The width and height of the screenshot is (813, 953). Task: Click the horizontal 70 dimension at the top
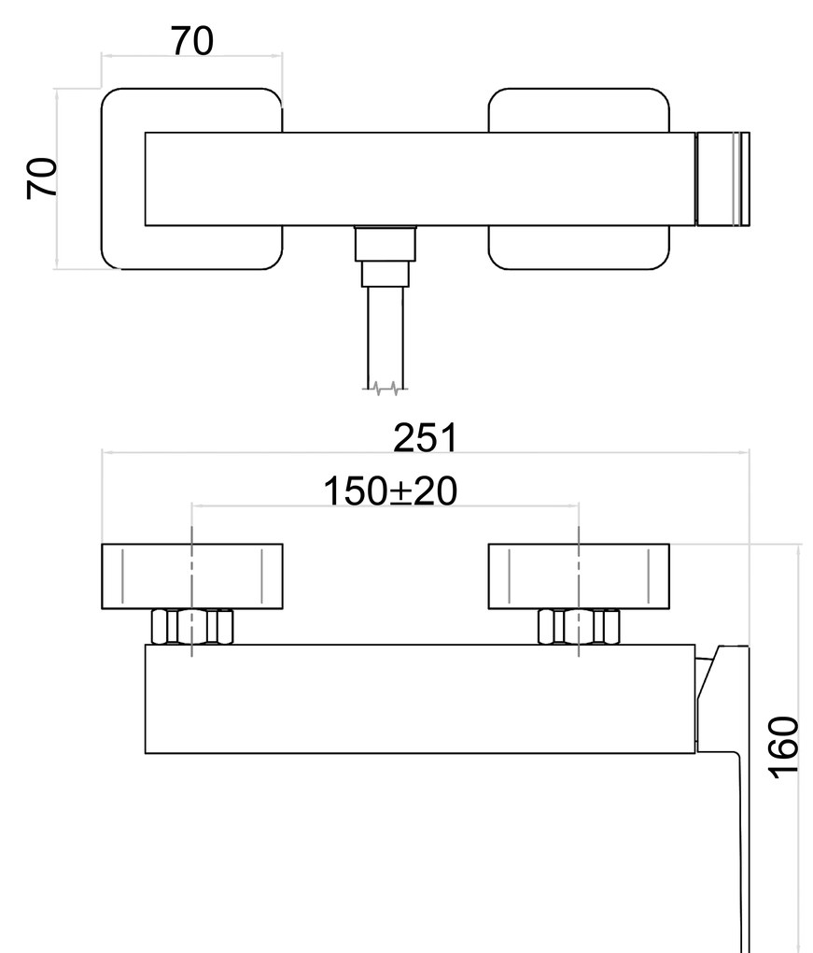coord(191,41)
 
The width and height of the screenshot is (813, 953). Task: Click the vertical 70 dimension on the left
coord(43,178)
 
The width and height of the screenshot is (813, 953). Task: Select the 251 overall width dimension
coord(425,437)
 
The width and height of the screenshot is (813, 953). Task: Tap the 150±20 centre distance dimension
coord(390,491)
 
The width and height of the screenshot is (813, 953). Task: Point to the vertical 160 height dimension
coord(785,745)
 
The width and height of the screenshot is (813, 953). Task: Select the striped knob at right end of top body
coord(724,179)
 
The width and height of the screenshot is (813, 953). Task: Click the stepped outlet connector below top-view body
coord(384,256)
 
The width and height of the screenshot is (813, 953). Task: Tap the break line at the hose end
coord(385,386)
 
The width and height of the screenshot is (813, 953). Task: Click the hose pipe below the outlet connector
coord(385,336)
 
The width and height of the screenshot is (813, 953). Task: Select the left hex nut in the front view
coord(192,626)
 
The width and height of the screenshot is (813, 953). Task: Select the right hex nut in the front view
coord(580,626)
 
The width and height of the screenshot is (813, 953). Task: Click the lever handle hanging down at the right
coord(744,841)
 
